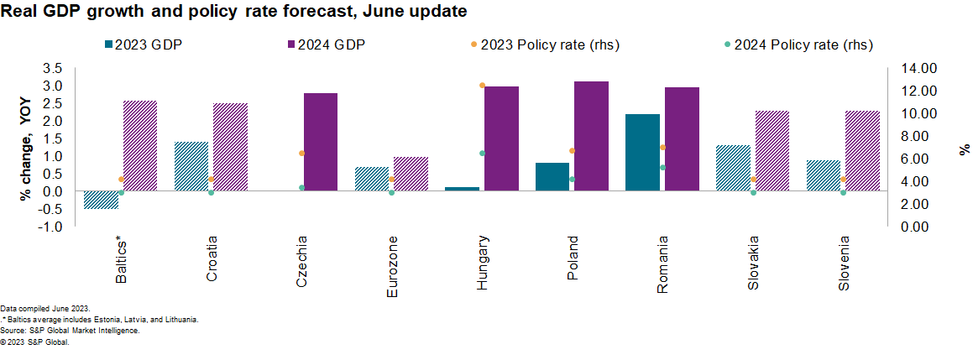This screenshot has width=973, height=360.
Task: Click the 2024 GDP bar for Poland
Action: (x=591, y=136)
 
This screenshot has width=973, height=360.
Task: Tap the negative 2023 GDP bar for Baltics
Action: (x=101, y=200)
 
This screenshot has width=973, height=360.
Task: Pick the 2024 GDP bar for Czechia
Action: (x=320, y=142)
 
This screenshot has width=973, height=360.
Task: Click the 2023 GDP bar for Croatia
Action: (x=191, y=166)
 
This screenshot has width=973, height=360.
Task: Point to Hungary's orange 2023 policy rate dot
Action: (x=482, y=86)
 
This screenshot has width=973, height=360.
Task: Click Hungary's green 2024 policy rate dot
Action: (x=482, y=154)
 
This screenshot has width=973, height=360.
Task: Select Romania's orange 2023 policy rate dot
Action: (x=662, y=148)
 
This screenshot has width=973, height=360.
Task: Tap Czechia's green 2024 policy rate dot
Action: (x=301, y=187)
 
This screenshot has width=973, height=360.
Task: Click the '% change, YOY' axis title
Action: (x=26, y=148)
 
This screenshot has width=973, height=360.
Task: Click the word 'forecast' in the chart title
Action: (x=300, y=12)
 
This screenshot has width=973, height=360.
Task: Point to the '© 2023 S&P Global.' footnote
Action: (x=34, y=341)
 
